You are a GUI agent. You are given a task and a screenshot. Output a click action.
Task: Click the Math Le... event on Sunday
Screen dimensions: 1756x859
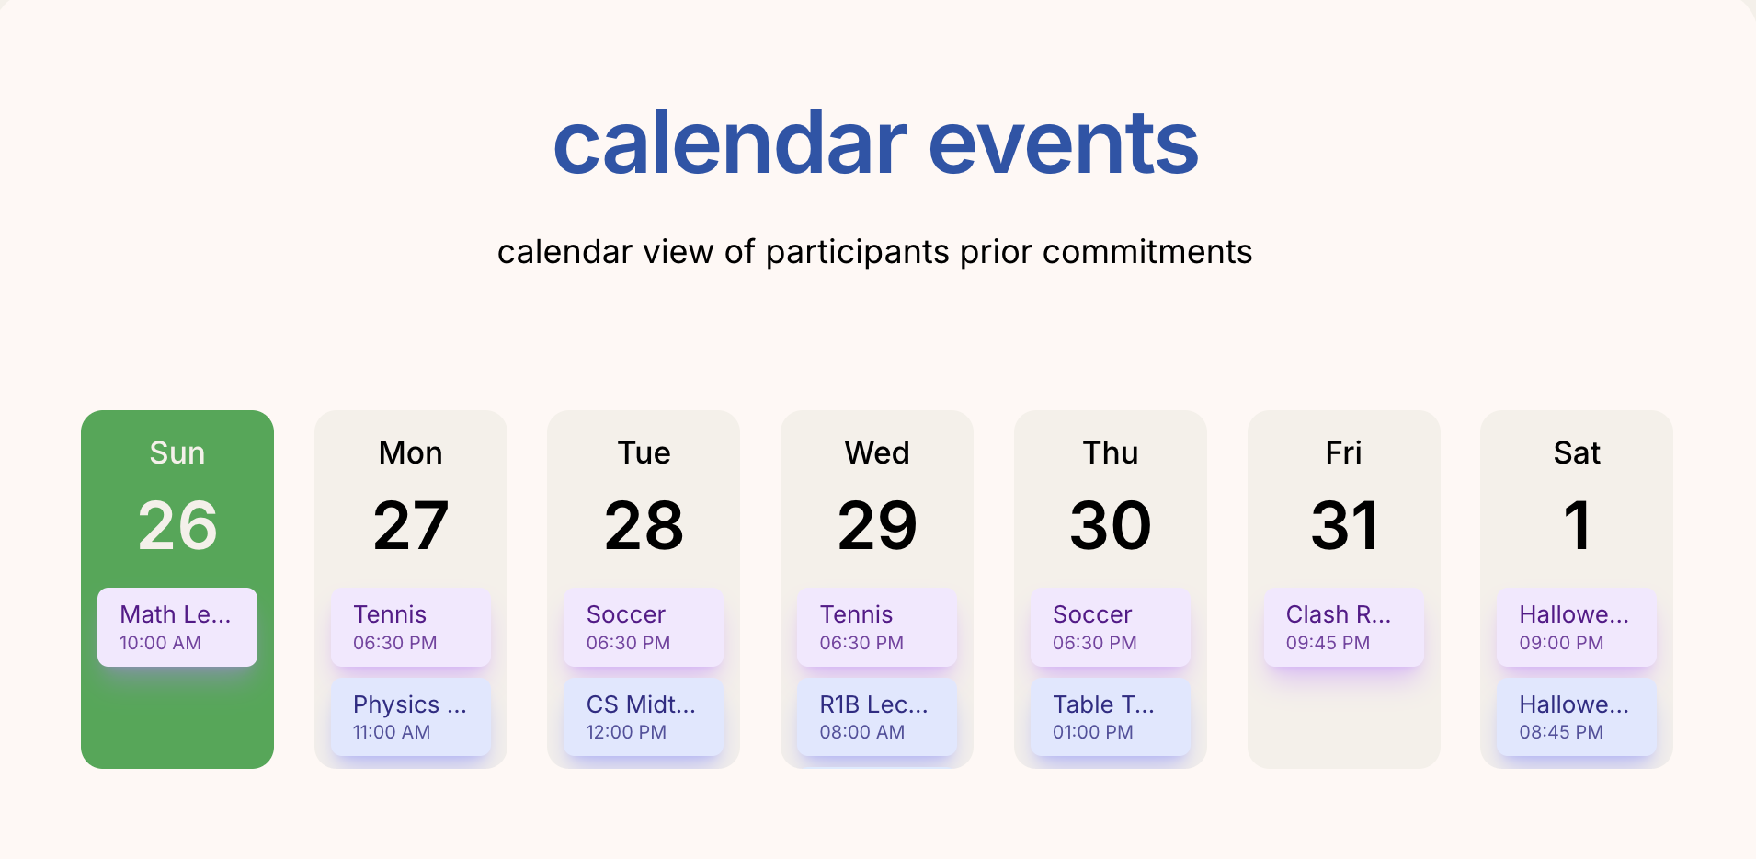tap(177, 627)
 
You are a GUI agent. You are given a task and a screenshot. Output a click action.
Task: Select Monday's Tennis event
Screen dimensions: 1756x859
tap(411, 627)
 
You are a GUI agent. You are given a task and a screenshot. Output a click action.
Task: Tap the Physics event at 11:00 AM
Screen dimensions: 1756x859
tap(411, 717)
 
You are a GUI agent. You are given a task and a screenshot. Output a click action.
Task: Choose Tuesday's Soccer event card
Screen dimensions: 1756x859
tap(644, 627)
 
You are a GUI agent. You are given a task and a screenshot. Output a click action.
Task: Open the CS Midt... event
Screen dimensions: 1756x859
tap(644, 717)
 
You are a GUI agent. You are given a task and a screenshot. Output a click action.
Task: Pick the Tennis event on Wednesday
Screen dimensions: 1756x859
tap(877, 627)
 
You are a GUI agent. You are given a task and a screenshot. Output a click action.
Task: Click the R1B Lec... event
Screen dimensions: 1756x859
tap(877, 717)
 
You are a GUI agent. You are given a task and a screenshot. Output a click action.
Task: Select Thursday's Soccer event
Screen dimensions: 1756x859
tap(1111, 627)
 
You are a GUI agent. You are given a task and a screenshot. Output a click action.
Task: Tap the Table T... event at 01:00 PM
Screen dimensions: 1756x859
tap(1111, 717)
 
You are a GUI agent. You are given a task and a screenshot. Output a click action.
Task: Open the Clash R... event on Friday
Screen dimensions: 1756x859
tap(1344, 627)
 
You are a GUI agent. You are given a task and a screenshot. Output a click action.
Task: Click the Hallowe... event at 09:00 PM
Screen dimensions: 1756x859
tap(1577, 627)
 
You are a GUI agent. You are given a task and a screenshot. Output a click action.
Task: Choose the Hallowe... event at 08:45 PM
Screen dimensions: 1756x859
tap(1577, 717)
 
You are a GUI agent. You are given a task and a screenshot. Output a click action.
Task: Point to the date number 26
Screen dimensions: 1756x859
tap(177, 526)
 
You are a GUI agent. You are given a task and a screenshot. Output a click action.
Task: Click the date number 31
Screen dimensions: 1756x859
tap(1344, 526)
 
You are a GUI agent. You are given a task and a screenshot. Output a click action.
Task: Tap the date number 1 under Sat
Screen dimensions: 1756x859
tap(1578, 526)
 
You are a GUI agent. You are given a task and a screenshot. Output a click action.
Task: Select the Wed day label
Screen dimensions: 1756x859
tap(877, 452)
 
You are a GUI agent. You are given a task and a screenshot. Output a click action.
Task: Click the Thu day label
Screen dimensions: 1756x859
tap(1111, 452)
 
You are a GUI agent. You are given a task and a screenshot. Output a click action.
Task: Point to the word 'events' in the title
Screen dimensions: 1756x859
tap(1064, 143)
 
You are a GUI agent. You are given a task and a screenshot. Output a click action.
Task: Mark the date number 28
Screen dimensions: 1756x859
tap(644, 526)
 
